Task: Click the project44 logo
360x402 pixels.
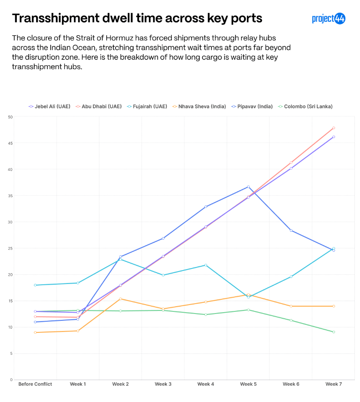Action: (x=329, y=18)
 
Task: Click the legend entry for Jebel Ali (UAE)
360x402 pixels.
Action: (x=51, y=107)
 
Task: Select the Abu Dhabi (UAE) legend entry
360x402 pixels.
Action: (x=98, y=107)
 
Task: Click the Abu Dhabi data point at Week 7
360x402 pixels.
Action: (x=334, y=128)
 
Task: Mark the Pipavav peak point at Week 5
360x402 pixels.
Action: (x=248, y=187)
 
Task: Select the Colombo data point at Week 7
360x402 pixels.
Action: (x=334, y=332)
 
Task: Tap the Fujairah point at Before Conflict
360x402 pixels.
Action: (x=35, y=285)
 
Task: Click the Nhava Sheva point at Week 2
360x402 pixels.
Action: (x=120, y=299)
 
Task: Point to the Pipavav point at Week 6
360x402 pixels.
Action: (x=291, y=230)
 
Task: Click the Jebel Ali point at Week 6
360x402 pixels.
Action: (x=291, y=168)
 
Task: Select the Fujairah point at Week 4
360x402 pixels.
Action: (x=206, y=265)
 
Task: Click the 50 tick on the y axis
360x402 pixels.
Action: (x=10, y=117)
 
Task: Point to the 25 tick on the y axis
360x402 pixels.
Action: (x=10, y=248)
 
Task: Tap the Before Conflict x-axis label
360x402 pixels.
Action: (x=35, y=384)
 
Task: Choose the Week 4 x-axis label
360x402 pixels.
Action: (x=206, y=384)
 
